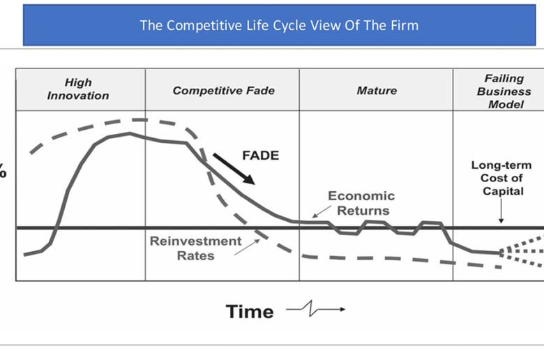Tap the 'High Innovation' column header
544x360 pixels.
coord(78,89)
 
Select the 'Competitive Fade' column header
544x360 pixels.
coord(224,91)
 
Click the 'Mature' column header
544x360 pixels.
coord(377,91)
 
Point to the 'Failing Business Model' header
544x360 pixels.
coord(504,91)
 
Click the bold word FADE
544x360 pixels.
coord(261,155)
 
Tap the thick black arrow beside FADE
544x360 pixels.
coord(234,169)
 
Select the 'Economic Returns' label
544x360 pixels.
coord(361,203)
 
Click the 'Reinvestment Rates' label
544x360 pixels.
coord(196,248)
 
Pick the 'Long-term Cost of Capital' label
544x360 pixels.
coord(501,178)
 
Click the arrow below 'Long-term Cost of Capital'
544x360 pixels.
coord(501,211)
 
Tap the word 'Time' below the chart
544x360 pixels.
coord(250,311)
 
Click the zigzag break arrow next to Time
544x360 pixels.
coord(315,308)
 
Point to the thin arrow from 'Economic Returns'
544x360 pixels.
coord(322,211)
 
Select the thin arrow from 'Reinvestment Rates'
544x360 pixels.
coord(247,247)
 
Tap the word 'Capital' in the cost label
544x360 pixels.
coord(503,191)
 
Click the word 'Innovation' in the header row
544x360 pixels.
coord(78,96)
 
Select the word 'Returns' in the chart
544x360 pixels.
coord(363,211)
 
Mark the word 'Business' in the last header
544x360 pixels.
coord(504,91)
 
